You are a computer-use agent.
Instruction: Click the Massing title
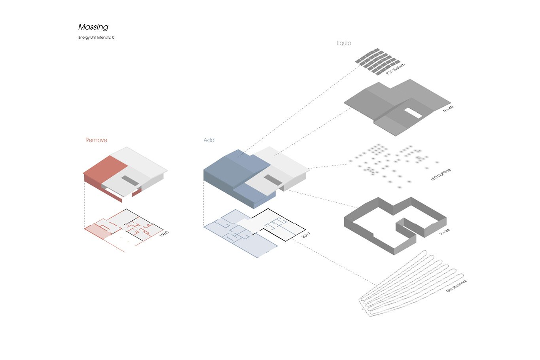tap(93, 27)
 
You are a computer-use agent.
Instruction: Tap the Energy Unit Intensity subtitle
tap(96, 38)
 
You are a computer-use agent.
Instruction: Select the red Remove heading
tap(96, 140)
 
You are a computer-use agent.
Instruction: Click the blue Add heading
tap(209, 140)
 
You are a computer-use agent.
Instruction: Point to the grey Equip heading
tap(344, 43)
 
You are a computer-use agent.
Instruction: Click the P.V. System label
tap(396, 69)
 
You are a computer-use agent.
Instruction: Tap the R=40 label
tap(448, 109)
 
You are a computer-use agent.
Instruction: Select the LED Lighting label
tap(441, 174)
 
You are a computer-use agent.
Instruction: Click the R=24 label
tap(445, 232)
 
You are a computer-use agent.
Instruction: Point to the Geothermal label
tap(457, 286)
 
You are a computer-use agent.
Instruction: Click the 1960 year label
tap(164, 234)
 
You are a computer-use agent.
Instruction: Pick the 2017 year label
tap(306, 235)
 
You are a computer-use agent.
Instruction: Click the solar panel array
tap(377, 61)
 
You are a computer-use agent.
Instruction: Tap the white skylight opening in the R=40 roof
tap(413, 113)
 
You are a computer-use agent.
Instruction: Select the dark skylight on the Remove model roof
tap(130, 181)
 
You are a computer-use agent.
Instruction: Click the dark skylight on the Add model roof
tap(273, 180)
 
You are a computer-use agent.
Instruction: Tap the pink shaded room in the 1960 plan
tap(98, 231)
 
